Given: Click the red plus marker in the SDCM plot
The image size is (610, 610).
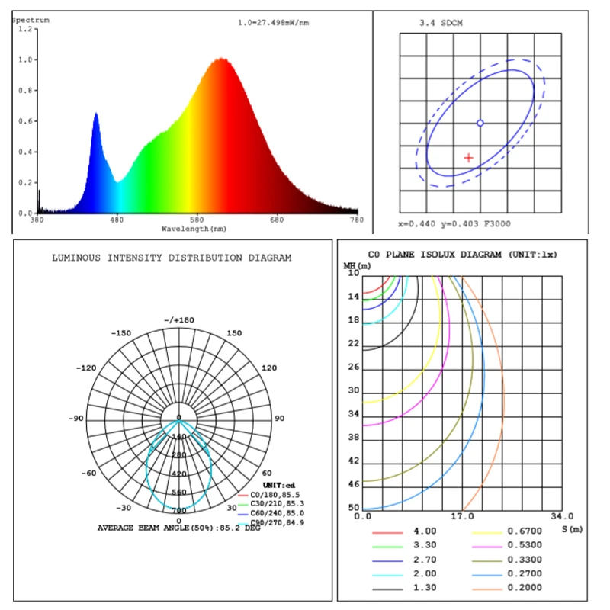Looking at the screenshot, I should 468,157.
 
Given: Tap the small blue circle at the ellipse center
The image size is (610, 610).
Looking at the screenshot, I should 480,123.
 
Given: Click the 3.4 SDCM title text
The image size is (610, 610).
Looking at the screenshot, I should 441,23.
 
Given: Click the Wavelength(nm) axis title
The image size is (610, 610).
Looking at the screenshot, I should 194,228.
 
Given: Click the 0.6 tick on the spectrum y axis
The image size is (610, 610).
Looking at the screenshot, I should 28,121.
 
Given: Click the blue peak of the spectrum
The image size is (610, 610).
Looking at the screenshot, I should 96,114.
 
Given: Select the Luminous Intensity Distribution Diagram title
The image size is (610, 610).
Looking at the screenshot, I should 172,258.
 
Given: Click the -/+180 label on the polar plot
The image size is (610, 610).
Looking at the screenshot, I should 179,319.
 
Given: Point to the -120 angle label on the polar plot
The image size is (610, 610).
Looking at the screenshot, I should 85,368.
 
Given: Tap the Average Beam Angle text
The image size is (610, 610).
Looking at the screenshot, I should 178,528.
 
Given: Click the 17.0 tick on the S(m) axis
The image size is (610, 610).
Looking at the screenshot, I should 461,516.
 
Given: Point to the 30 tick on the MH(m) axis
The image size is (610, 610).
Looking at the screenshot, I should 353,390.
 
